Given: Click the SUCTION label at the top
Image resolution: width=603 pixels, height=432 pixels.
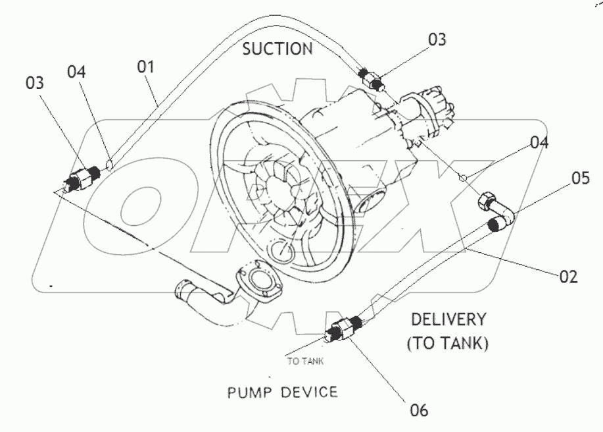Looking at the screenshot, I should pos(277,49).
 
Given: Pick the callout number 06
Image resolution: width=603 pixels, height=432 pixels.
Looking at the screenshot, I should pos(420,410).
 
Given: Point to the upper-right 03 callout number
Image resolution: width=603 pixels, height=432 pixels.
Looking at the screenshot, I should pos(437,40).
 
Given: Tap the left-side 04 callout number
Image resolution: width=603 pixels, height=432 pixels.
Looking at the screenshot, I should pos(77,72).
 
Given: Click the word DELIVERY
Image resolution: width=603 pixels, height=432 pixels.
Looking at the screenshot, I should pos(448,320).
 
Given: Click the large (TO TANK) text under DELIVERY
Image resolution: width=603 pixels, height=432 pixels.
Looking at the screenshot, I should pos(448,344).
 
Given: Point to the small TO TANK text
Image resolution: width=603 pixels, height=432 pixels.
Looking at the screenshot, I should pos(305,361).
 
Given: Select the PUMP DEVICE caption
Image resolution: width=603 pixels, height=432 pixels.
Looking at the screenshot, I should pos(282,393).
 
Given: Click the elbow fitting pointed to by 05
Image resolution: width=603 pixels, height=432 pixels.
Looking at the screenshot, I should pos(497,212).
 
